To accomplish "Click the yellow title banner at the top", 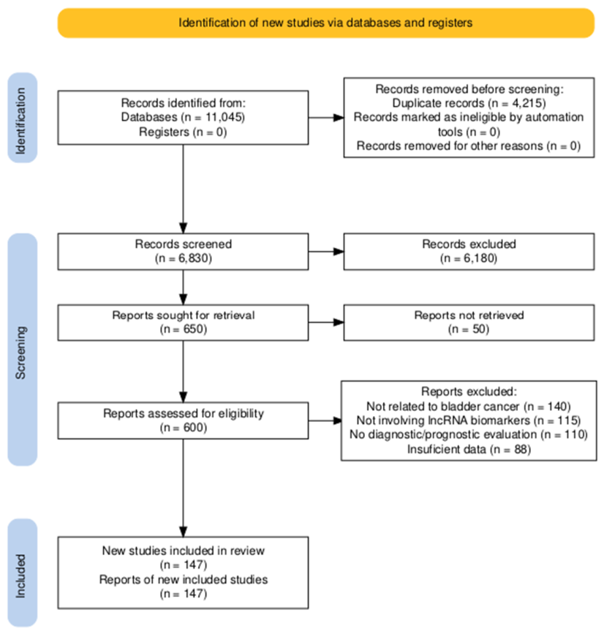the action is [326, 23].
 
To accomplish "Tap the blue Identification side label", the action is [23, 118].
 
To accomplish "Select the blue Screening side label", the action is [23, 350].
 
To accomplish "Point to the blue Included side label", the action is [23, 573].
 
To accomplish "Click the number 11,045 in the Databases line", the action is [224, 117].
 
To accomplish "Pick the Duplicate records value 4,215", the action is [528, 103].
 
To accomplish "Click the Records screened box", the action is [183, 252].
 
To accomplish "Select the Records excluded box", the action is [469, 252].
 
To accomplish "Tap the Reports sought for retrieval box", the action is [183, 322].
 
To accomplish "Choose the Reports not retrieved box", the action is [469, 322].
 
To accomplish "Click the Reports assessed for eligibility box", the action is [183, 420].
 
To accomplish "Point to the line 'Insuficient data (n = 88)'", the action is [469, 449].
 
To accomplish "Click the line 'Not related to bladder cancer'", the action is [442, 406].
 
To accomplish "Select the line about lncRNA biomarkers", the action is [469, 420].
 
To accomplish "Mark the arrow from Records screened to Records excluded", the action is [326, 252].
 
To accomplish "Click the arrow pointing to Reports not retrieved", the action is [326, 322].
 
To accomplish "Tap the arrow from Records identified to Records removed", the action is [326, 118].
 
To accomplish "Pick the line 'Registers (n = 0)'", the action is [183, 132].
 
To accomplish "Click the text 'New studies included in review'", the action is [183, 551].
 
